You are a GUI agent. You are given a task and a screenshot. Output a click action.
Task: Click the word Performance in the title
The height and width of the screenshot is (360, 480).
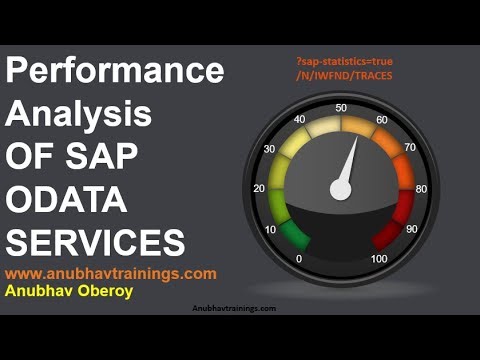pos(116,73)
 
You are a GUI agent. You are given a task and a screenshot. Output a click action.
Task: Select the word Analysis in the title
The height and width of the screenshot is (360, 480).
pos(80,116)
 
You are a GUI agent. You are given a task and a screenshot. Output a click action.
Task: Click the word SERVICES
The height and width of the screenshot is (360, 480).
pos(96,243)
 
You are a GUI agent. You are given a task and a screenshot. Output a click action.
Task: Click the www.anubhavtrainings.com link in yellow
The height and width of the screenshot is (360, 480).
pos(111,273)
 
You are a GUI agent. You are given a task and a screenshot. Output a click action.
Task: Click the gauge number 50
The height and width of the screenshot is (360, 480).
pos(342,108)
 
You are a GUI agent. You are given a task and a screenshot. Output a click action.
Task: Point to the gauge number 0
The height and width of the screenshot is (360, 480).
pos(299,259)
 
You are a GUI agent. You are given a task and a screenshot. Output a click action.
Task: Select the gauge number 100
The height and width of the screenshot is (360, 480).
pos(380,259)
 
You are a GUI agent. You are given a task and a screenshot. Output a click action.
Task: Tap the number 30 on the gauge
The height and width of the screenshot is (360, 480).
pos(268,150)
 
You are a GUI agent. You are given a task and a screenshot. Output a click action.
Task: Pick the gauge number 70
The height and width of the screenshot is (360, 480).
pos(409,148)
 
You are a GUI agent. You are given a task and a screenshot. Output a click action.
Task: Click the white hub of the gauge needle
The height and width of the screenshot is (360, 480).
pos(341,187)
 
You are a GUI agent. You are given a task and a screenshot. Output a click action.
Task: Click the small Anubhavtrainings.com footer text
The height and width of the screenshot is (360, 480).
pos(234,309)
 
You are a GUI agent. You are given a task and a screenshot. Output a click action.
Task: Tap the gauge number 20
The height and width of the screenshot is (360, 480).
pos(259,188)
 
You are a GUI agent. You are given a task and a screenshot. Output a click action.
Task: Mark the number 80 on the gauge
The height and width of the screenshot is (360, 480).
pos(421,187)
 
